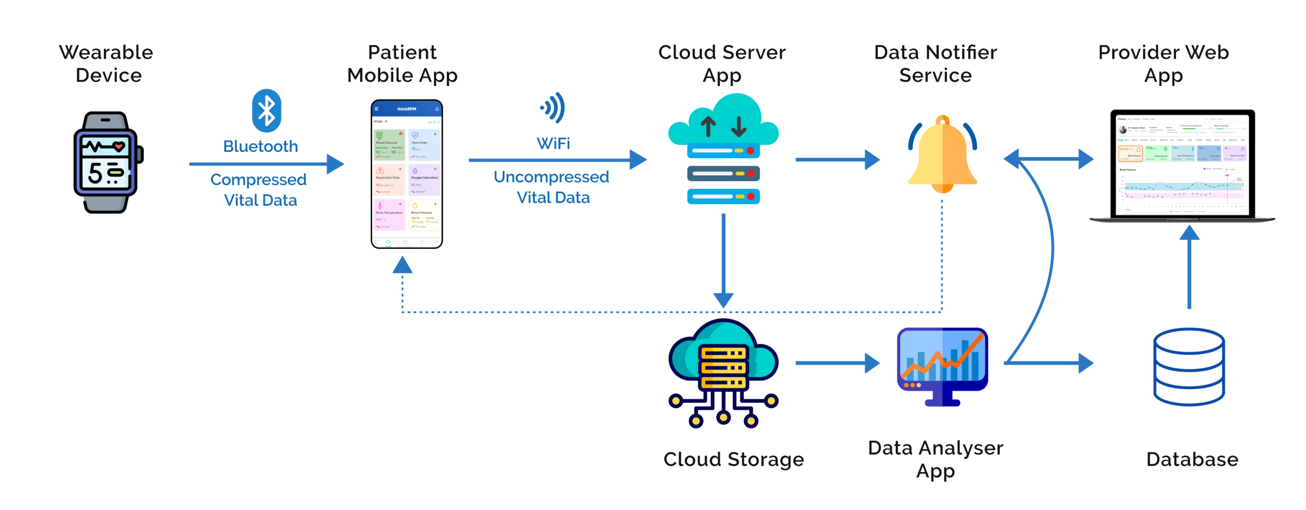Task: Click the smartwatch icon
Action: [107, 162]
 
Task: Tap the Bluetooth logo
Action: [267, 110]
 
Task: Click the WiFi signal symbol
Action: [553, 108]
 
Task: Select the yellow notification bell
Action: [942, 155]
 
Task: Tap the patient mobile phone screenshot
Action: [406, 174]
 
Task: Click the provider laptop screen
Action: [1182, 163]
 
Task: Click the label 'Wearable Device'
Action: [107, 64]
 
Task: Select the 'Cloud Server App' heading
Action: [722, 64]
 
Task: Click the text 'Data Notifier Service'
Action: [935, 64]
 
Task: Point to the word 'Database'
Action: [1192, 459]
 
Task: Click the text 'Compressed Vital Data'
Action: [260, 190]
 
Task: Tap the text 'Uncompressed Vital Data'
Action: [552, 187]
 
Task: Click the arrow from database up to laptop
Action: [1189, 267]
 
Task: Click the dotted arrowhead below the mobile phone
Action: [402, 265]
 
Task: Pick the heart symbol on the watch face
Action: [119, 146]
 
